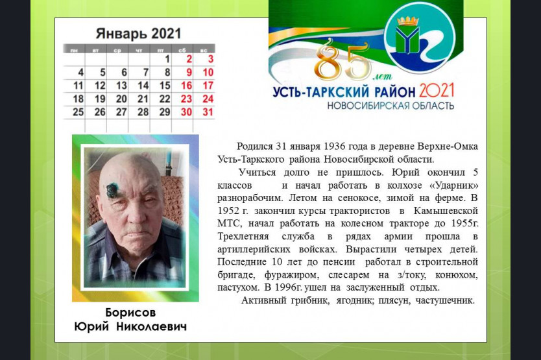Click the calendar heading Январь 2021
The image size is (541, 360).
[x=138, y=34]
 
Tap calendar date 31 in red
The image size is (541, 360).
[x=208, y=112]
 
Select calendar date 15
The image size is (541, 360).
[x=165, y=86]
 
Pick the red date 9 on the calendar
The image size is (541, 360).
[x=189, y=73]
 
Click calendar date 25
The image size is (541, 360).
[x=78, y=112]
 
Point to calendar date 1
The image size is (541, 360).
[x=167, y=59]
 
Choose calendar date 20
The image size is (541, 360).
[x=121, y=99]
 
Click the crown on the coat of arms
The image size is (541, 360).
[x=408, y=21]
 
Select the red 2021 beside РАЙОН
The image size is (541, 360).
[x=437, y=90]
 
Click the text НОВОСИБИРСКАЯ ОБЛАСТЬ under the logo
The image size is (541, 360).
[x=391, y=106]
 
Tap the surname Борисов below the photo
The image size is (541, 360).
[x=130, y=313]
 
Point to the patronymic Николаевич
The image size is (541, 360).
[x=151, y=326]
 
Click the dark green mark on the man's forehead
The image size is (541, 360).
[x=112, y=189]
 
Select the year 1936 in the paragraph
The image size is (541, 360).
[x=333, y=147]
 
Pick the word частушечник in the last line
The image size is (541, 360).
[x=445, y=300]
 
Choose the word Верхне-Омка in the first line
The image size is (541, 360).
[x=448, y=147]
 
